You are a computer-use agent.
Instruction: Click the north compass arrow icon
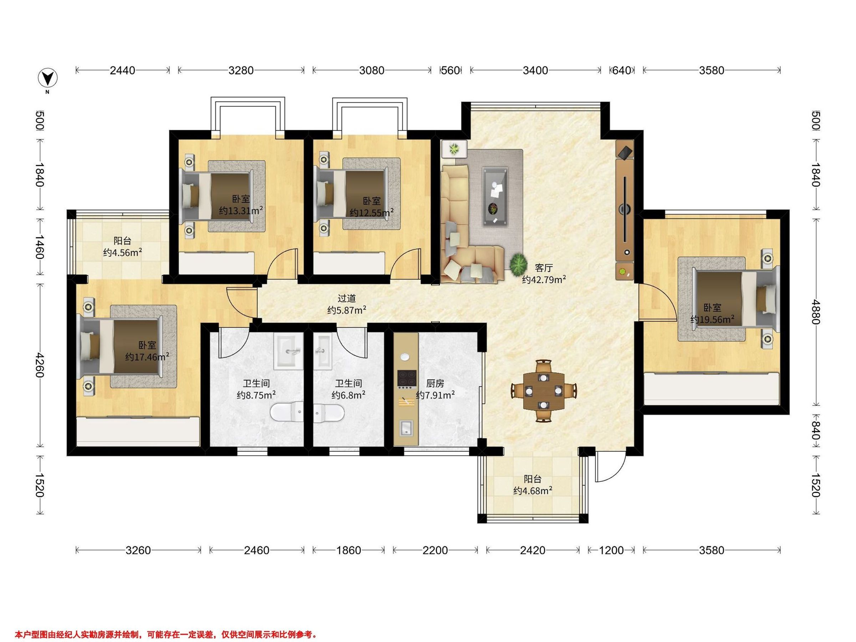click(x=47, y=78)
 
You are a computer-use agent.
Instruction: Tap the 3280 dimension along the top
click(x=241, y=70)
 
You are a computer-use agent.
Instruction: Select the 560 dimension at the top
click(x=450, y=70)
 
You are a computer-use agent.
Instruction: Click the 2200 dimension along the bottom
click(x=435, y=550)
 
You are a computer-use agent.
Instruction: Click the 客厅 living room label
click(x=544, y=268)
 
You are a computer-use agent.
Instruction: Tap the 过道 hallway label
click(x=346, y=299)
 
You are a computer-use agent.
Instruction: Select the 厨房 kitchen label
click(x=435, y=383)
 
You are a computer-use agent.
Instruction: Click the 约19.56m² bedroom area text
click(x=712, y=320)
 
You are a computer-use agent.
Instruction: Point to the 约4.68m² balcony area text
click(x=533, y=491)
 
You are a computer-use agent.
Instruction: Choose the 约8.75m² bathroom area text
click(x=256, y=395)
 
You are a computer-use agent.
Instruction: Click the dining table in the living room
click(x=544, y=391)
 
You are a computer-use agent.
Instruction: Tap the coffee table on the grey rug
click(x=495, y=197)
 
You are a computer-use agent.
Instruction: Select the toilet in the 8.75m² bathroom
click(x=287, y=412)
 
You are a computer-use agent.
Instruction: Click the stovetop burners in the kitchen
click(x=407, y=379)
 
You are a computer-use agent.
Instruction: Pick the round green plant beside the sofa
click(x=518, y=264)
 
